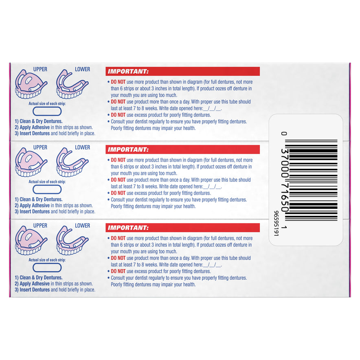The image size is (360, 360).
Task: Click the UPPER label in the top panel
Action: pyautogui.click(x=40, y=69)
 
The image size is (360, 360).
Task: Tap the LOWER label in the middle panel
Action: pyautogui.click(x=82, y=147)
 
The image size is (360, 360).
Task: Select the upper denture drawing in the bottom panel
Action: pyautogui.click(x=31, y=240)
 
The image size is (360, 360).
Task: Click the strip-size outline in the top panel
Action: pyautogui.click(x=47, y=111)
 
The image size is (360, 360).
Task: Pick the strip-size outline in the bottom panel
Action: pyautogui.click(x=47, y=268)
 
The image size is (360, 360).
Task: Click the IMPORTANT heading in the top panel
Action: pyautogui.click(x=128, y=71)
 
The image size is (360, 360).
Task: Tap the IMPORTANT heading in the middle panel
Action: pyautogui.click(x=128, y=149)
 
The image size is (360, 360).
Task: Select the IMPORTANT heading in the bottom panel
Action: pyautogui.click(x=128, y=228)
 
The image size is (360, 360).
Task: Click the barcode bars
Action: pyautogui.click(x=311, y=180)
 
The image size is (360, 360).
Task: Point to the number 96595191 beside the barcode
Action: pyautogui.click(x=276, y=224)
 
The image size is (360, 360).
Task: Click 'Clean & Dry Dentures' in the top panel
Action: pyautogui.click(x=41, y=121)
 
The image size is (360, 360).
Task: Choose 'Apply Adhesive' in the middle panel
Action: pyautogui.click(x=35, y=206)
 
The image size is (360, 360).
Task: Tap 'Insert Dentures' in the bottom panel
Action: pyautogui.click(x=35, y=290)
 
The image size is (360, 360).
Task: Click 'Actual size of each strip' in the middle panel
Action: pyautogui.click(x=47, y=182)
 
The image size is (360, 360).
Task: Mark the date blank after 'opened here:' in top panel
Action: pyautogui.click(x=212, y=108)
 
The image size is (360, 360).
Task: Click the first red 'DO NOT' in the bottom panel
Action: pyautogui.click(x=118, y=238)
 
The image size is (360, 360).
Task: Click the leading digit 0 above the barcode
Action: pyautogui.click(x=284, y=134)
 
